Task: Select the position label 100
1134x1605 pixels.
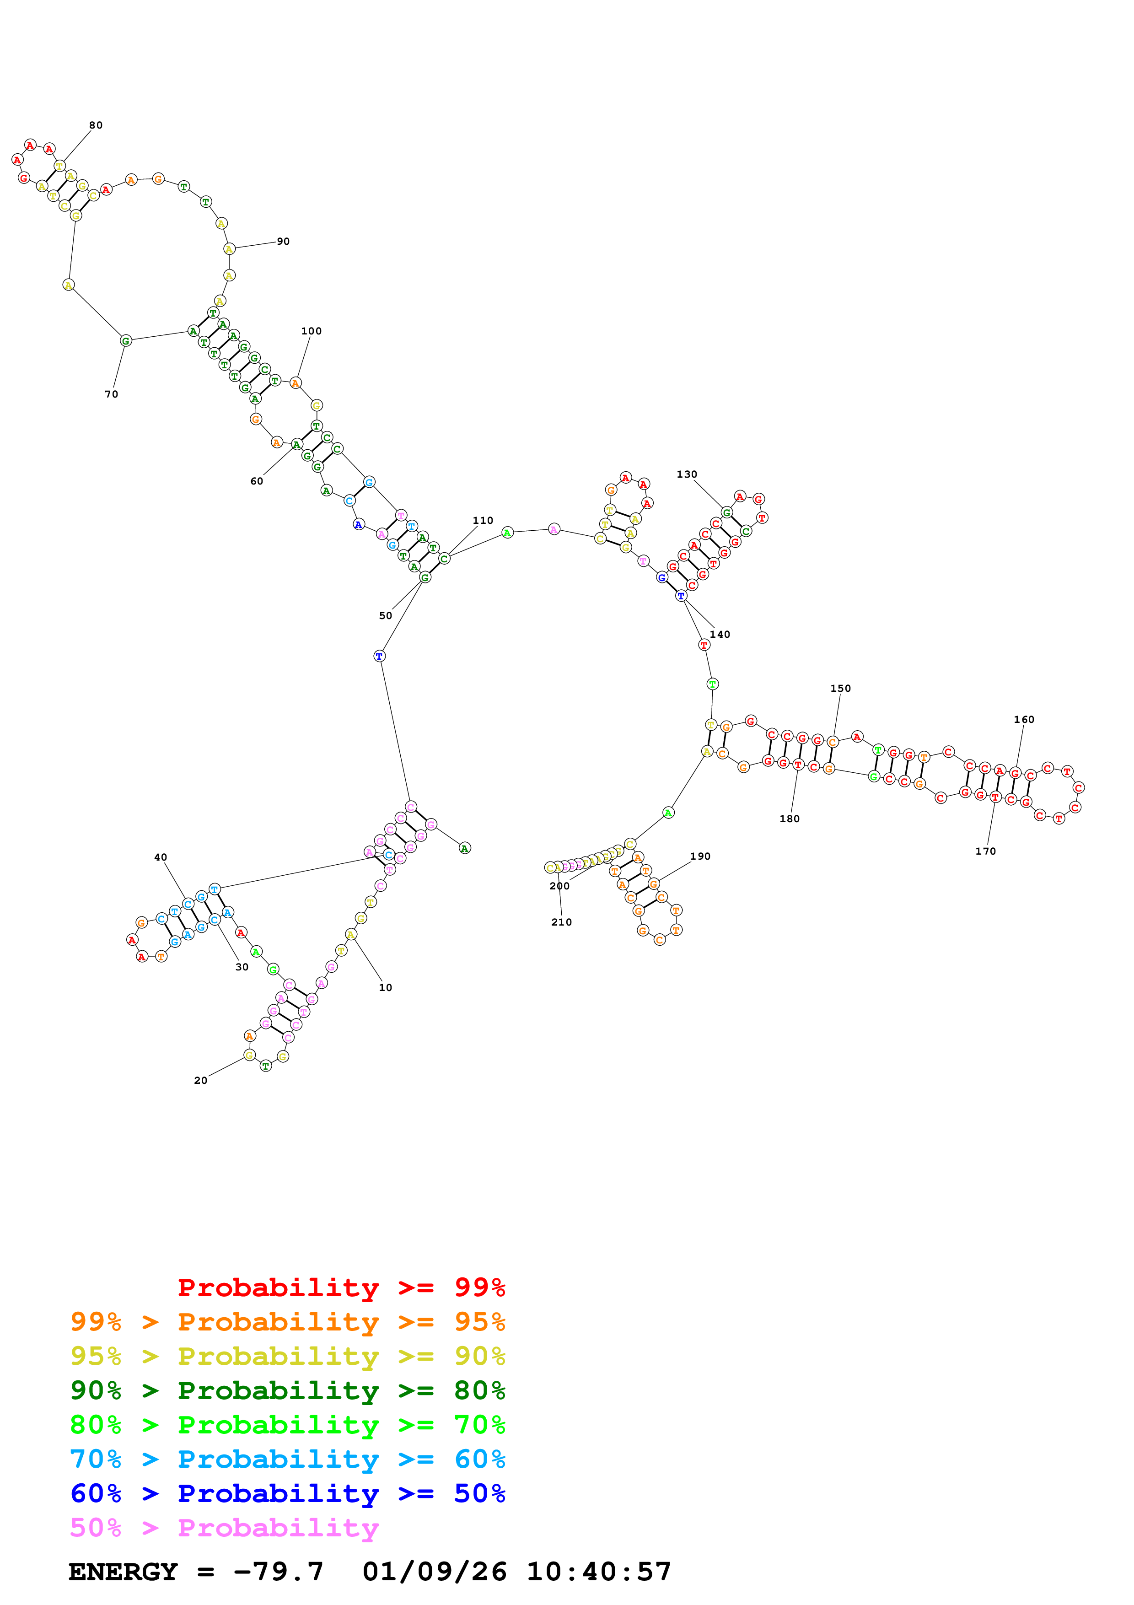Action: pyautogui.click(x=312, y=331)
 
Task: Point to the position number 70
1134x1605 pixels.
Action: pyautogui.click(x=112, y=394)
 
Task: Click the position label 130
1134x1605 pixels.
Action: pyautogui.click(x=687, y=474)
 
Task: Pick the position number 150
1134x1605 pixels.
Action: pyautogui.click(x=840, y=689)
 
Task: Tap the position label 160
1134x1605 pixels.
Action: pyautogui.click(x=1024, y=719)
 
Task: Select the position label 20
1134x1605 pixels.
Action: pyautogui.click(x=200, y=1081)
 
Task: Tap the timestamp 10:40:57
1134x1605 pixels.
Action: pyautogui.click(x=599, y=1572)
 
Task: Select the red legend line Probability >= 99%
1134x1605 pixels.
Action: pyautogui.click(x=342, y=1287)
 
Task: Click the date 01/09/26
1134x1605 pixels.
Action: pyautogui.click(x=435, y=1572)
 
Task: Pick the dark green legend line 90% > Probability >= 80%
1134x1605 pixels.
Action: pyautogui.click(x=288, y=1391)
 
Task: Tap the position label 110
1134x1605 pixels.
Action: pyautogui.click(x=483, y=521)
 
